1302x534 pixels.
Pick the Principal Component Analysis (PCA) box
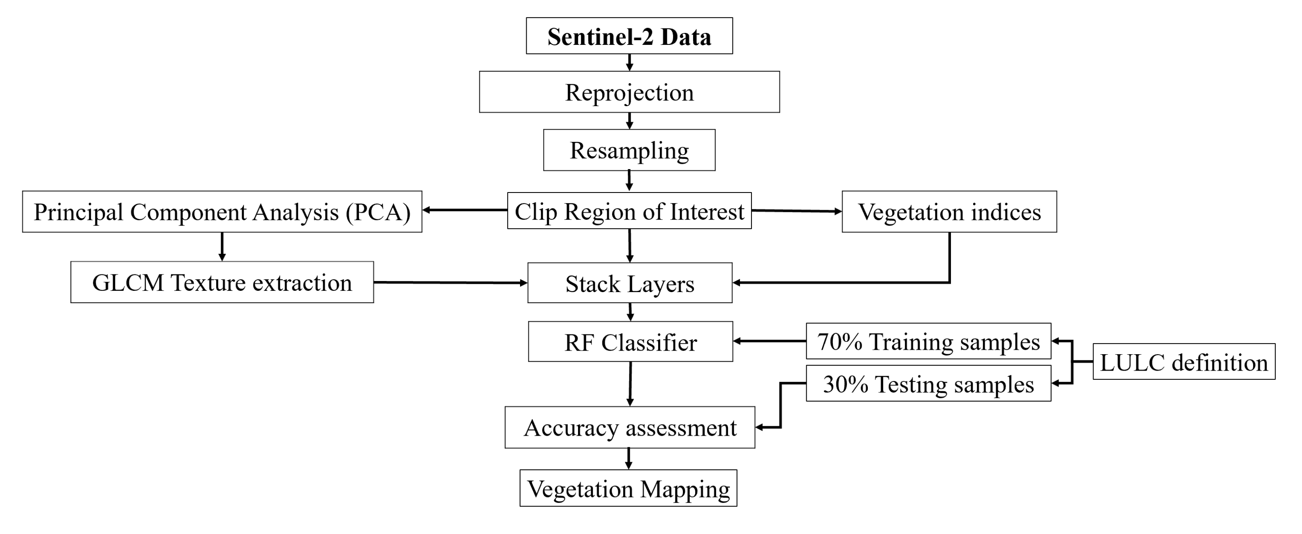tap(222, 212)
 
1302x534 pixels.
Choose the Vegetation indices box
tap(949, 212)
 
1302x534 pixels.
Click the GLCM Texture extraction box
tap(222, 282)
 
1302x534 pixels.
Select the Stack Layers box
tap(629, 283)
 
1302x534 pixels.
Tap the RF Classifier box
tap(630, 342)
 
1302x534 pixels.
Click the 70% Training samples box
tap(928, 341)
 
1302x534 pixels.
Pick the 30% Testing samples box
tap(928, 384)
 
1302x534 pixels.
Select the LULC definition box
tap(1183, 362)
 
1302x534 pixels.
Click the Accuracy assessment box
tap(629, 428)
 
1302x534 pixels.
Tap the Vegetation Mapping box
tap(628, 488)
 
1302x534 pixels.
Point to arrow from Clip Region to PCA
tap(465, 210)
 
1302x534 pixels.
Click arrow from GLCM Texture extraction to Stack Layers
tap(450, 283)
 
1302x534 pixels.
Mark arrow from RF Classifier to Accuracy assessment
tap(630, 383)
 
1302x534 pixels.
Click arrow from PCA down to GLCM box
tap(222, 246)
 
